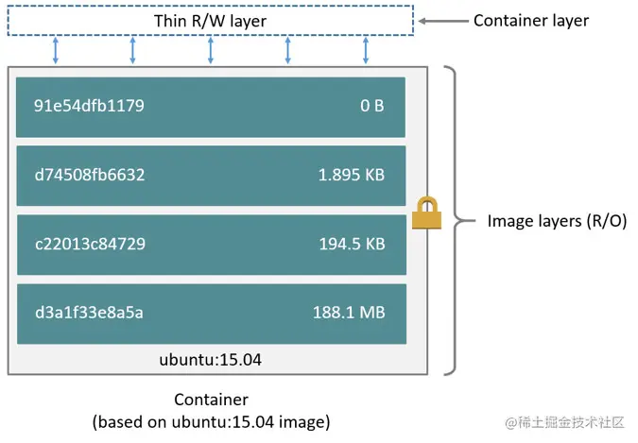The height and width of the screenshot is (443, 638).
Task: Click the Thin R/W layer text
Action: click(209, 21)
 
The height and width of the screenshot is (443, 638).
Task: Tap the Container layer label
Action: click(530, 20)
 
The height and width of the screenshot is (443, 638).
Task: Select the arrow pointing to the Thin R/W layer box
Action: click(441, 20)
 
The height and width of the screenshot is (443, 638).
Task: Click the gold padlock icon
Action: click(427, 213)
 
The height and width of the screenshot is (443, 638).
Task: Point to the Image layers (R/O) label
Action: click(557, 221)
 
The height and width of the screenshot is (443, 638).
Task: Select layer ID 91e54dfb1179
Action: click(89, 106)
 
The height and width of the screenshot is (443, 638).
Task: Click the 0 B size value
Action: click(371, 106)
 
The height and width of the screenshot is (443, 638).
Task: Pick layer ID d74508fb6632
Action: click(90, 175)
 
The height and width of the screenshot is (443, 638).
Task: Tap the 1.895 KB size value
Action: click(352, 175)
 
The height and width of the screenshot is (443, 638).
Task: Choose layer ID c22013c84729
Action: click(90, 244)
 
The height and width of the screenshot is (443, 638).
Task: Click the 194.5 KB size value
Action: click(352, 244)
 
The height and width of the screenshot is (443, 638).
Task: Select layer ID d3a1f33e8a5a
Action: click(89, 313)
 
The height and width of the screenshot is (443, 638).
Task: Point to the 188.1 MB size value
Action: click(349, 313)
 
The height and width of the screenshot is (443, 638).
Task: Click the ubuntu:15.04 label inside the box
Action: click(211, 360)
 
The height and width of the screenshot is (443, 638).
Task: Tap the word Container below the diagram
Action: click(211, 400)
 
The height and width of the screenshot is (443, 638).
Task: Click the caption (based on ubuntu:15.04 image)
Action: click(211, 421)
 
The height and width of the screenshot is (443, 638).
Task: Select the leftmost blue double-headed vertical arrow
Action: click(55, 51)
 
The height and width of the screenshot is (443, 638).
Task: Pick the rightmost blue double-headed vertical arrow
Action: click(366, 51)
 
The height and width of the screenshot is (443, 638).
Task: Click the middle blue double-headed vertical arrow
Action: click(211, 51)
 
